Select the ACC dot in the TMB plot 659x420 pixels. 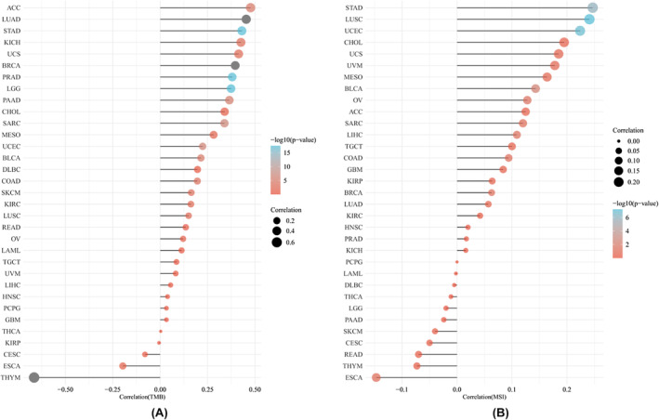(250, 7)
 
